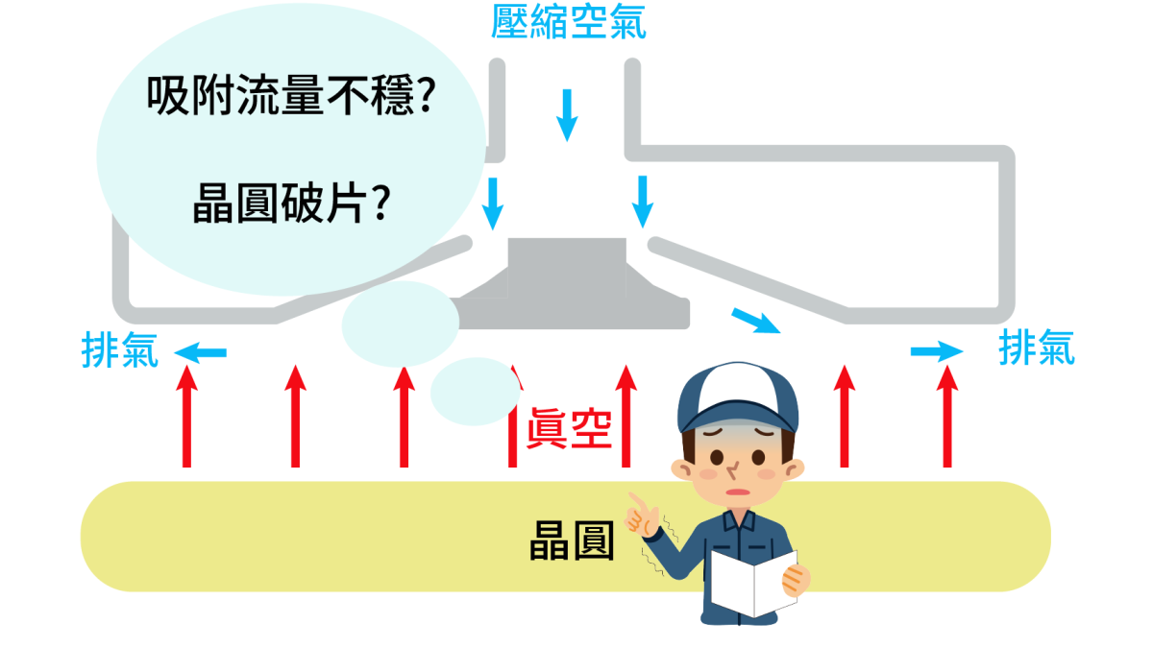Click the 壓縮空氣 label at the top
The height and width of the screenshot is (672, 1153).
pos(568,23)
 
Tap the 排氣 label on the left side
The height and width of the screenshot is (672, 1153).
pos(119,351)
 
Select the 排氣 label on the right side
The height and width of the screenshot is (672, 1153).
pos(1037,347)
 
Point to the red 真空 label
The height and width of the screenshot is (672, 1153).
pos(569,428)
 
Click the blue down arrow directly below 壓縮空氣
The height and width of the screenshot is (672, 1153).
pos(567,113)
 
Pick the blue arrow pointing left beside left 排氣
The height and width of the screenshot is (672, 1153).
pos(200,353)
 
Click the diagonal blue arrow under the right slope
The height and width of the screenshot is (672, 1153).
pos(755,321)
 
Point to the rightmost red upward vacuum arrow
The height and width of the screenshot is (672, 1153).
pos(947,417)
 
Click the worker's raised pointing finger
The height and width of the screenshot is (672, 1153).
pos(633,502)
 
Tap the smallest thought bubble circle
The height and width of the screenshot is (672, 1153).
pos(475,392)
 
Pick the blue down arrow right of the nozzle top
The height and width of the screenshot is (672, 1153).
pos(643,201)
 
